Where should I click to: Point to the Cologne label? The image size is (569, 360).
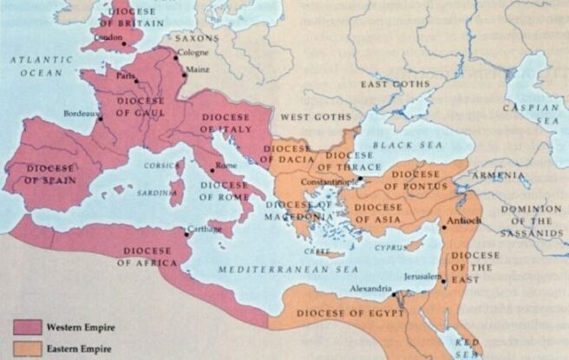193,52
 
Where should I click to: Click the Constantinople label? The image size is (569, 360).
330,182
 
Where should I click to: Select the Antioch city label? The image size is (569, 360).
466,220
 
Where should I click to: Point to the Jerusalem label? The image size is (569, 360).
422,274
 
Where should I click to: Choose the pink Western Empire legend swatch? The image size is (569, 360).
27,326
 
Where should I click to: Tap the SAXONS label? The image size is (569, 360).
197,39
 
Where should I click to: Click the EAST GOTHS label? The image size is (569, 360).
395,84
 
